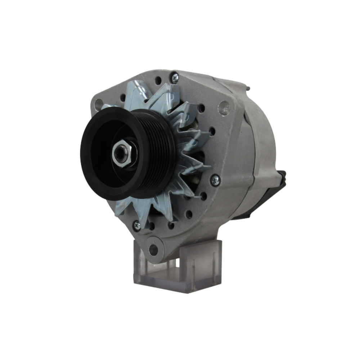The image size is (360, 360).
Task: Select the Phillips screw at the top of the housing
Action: [x=174, y=78]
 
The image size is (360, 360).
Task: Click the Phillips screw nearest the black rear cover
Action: [x=215, y=180]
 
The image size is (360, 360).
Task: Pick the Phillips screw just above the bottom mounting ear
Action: [x=137, y=226]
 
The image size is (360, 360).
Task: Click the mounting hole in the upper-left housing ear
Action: [x=98, y=104]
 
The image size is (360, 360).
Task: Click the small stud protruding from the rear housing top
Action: [x=248, y=87]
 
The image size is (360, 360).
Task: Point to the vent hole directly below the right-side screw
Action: [x=204, y=197]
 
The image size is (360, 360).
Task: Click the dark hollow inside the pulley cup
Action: [x=104, y=158]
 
